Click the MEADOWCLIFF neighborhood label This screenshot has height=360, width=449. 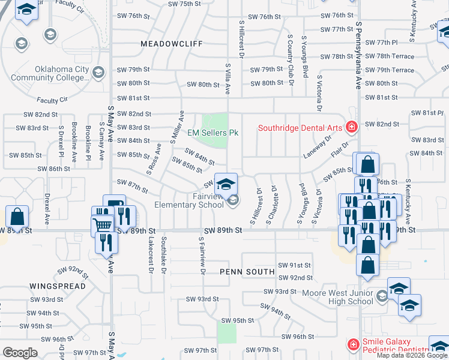pos(172,44)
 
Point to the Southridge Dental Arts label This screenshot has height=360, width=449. pos(300,127)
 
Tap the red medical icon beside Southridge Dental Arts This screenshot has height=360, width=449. pos(351,127)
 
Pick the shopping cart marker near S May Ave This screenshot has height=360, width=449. pos(103,225)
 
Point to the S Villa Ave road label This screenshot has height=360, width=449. pos(228,79)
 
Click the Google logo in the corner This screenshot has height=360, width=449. pos(20,353)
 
